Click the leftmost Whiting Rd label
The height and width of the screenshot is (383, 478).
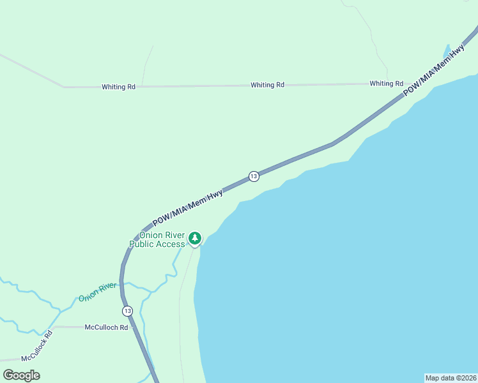point(118,87)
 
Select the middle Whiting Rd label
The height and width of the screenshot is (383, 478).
point(267,85)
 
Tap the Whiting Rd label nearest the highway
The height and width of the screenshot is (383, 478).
point(386,84)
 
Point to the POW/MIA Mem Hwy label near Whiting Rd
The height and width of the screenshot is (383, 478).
point(434,71)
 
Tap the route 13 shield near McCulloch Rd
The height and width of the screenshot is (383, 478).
point(128,311)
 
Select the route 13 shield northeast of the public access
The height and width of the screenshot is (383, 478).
point(254,176)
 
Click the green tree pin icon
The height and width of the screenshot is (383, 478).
point(195,239)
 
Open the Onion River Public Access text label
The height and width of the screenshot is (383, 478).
point(157,239)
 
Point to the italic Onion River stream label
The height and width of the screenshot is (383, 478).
point(98,292)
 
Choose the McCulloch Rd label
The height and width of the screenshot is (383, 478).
point(106,327)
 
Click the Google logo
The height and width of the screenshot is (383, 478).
point(22,375)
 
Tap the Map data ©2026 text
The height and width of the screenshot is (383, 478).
point(451,378)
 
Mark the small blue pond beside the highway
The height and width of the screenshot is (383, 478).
point(446,52)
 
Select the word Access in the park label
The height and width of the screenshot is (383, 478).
point(171,244)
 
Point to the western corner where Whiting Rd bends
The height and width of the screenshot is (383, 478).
point(64,87)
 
